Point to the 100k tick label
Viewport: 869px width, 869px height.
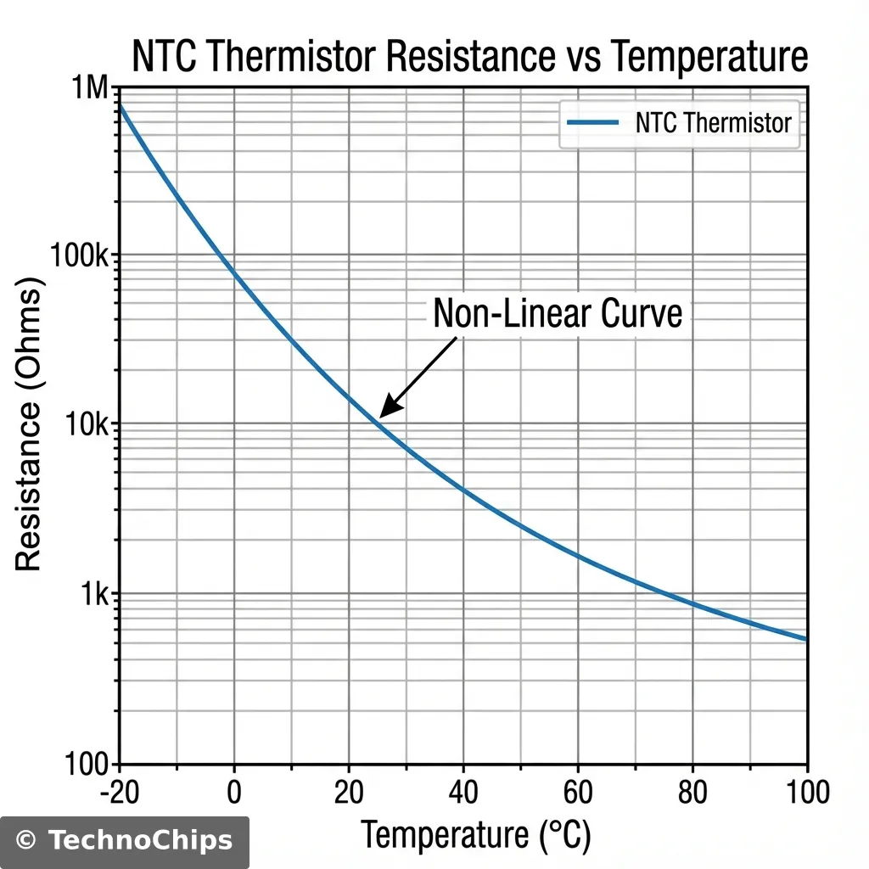coord(81,255)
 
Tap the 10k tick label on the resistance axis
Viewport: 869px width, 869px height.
coord(88,424)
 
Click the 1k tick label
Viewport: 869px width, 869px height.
coord(95,594)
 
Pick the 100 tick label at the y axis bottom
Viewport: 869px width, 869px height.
coord(87,764)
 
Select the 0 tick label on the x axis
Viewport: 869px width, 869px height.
coord(233,793)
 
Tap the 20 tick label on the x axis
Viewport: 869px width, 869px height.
coord(348,793)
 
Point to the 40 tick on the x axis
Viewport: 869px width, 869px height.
coord(463,793)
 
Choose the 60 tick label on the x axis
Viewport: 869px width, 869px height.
coord(577,793)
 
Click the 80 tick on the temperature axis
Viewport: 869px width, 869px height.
coord(692,793)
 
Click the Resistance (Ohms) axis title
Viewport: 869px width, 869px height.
coord(29,429)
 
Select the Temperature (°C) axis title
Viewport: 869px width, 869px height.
coord(475,836)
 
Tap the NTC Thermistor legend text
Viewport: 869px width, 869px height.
coord(713,123)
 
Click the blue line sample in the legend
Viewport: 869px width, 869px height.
coord(591,124)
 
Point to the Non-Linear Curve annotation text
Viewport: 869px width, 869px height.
coord(558,314)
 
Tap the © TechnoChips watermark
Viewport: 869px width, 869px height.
coord(125,841)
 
